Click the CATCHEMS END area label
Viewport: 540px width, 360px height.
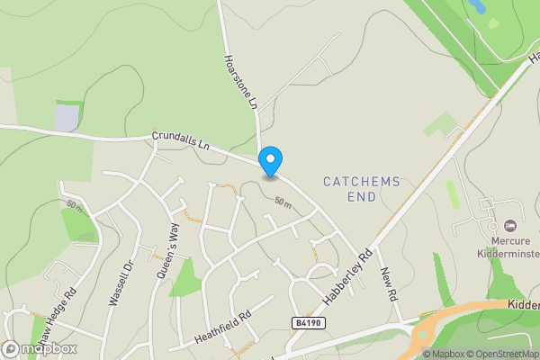coord(361,189)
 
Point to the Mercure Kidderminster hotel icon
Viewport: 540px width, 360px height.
coord(510,225)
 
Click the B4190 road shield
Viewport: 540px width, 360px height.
coord(308,322)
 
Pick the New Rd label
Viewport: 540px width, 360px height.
coord(388,284)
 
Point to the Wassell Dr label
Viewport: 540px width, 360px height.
coord(120,283)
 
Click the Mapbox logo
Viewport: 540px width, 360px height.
coord(40,348)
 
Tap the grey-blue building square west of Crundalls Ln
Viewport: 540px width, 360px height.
coord(67,118)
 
